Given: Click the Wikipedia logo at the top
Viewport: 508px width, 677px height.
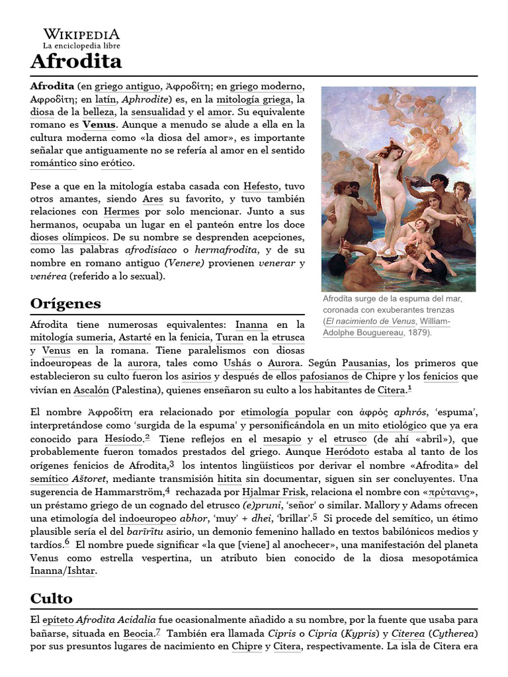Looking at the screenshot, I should [x=81, y=38].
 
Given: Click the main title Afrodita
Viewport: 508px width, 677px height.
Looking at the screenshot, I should [x=76, y=62].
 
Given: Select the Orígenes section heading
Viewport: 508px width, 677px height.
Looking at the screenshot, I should [x=65, y=303].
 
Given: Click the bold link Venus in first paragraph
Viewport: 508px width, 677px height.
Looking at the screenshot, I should [x=99, y=124].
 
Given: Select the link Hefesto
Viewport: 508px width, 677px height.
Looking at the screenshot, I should [x=261, y=187].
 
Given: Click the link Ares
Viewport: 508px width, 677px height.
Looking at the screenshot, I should [x=152, y=199].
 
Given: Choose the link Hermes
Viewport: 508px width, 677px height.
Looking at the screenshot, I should [x=122, y=212].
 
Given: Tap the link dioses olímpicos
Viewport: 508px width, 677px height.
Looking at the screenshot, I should [x=68, y=237].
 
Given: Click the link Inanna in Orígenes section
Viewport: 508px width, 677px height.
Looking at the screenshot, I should [x=251, y=325].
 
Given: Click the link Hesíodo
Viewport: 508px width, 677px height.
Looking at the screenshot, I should [x=123, y=439].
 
